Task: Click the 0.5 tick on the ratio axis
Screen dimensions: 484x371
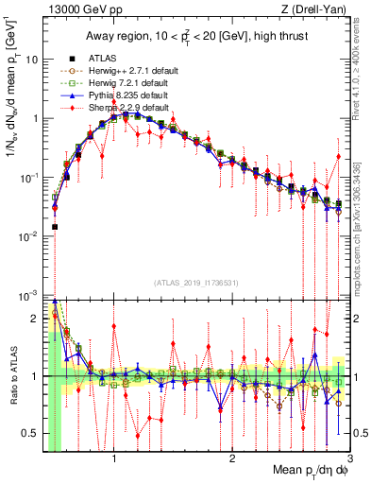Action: click(x=31, y=433)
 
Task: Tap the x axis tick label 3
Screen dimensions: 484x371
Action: click(x=348, y=458)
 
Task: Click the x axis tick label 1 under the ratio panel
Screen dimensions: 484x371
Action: click(x=114, y=458)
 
